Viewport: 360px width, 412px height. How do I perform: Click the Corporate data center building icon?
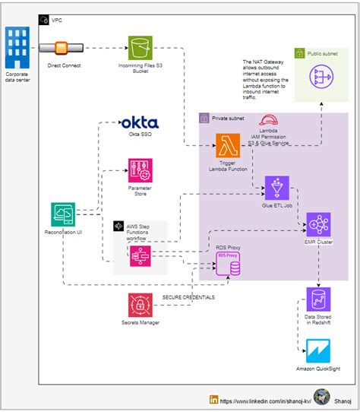click(17, 47)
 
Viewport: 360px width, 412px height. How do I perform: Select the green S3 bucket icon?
click(140, 48)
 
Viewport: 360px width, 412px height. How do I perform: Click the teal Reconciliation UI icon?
click(63, 215)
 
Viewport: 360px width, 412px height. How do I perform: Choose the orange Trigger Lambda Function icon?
click(228, 145)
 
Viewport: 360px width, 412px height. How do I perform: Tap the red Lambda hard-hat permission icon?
click(268, 120)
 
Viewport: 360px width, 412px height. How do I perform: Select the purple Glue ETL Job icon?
click(276, 187)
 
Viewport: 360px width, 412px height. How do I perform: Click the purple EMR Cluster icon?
click(318, 225)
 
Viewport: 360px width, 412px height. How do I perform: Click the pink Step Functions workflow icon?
click(140, 255)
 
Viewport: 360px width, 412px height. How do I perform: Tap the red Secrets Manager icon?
click(140, 305)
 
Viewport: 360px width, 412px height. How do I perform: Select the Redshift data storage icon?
click(318, 299)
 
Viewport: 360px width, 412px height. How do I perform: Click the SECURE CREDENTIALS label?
click(188, 296)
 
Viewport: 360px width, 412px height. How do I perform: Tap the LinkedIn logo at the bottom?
click(214, 399)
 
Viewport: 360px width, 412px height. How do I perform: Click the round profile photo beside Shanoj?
click(322, 398)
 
